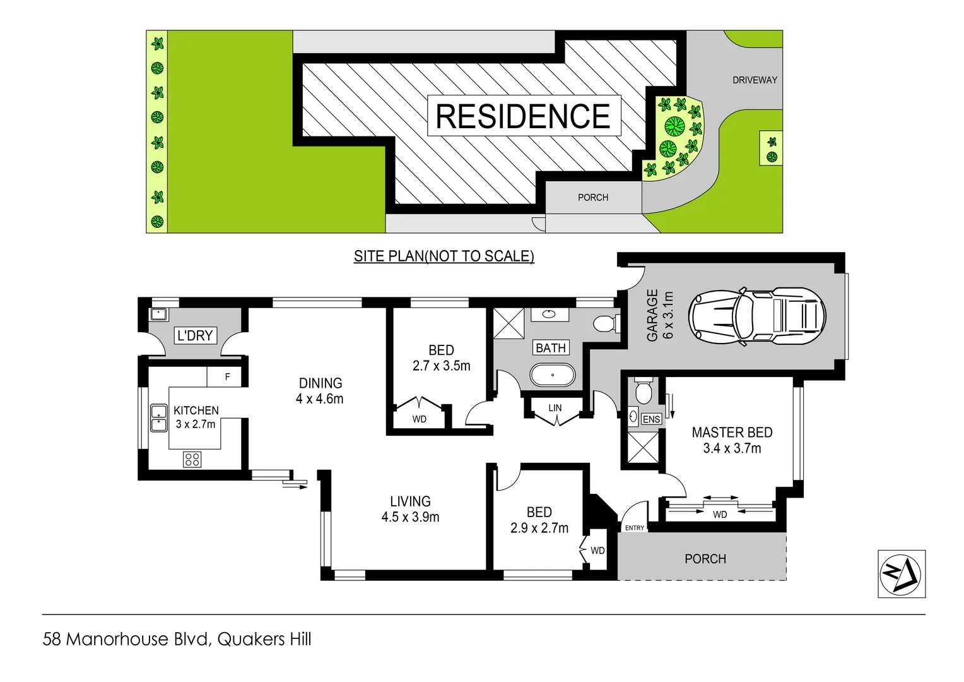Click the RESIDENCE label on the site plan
(x=523, y=116)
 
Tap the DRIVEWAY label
(x=755, y=80)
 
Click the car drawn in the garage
(x=757, y=316)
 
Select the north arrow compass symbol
(x=901, y=573)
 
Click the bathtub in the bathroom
(x=552, y=375)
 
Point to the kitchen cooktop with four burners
(x=192, y=459)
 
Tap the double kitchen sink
(x=159, y=418)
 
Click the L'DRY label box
(x=195, y=335)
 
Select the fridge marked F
(x=227, y=376)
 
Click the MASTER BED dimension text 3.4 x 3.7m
(x=732, y=448)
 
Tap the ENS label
(x=651, y=419)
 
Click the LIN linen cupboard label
(x=555, y=408)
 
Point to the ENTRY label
(x=634, y=528)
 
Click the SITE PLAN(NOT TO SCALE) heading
(x=444, y=256)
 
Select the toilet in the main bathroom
(x=605, y=324)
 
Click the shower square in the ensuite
(x=643, y=448)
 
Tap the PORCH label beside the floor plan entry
(x=705, y=559)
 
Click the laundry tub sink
(x=159, y=314)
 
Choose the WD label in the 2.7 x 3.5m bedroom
(x=419, y=419)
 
